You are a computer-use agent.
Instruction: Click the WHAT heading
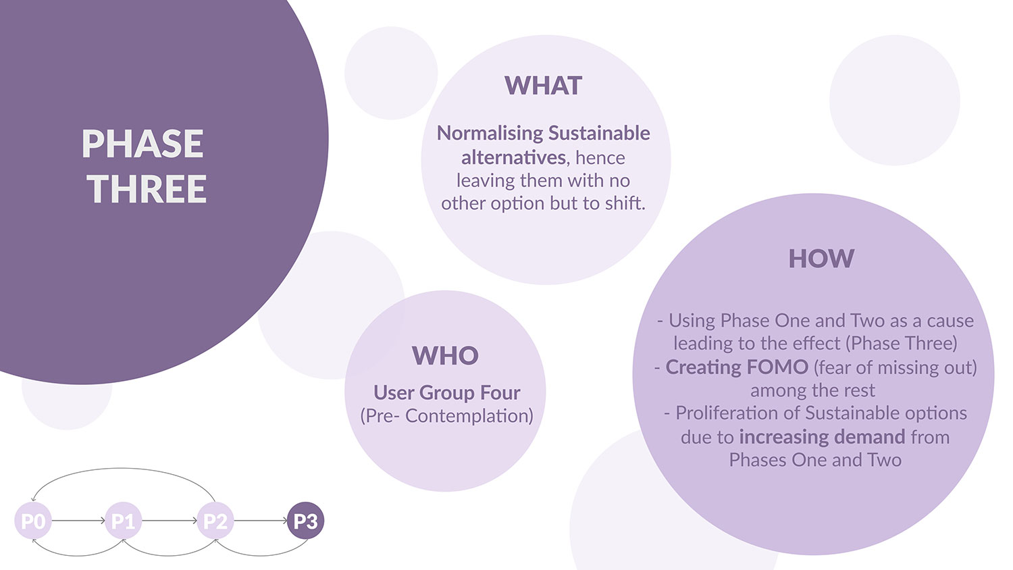coord(543,86)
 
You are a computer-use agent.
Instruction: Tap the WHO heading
coord(446,355)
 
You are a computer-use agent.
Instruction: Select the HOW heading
coord(821,258)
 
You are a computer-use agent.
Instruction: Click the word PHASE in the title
coord(142,143)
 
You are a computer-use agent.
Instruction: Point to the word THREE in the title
coord(147,188)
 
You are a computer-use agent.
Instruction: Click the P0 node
coord(33,521)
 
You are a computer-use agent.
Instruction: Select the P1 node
coord(124,521)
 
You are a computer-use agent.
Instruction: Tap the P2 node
coord(215,521)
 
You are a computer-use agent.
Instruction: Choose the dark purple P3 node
coord(306,521)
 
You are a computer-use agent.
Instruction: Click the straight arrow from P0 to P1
coord(79,521)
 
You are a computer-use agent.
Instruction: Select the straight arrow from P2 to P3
coord(261,521)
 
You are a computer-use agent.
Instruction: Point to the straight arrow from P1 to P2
coord(170,521)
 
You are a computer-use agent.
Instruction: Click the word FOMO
coord(777,367)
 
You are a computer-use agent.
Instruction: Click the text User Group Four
coord(447,392)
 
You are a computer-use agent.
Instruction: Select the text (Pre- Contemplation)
coord(447,416)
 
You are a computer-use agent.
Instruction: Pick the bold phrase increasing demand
coord(822,438)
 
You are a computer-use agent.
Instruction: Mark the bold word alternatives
coord(513,157)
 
